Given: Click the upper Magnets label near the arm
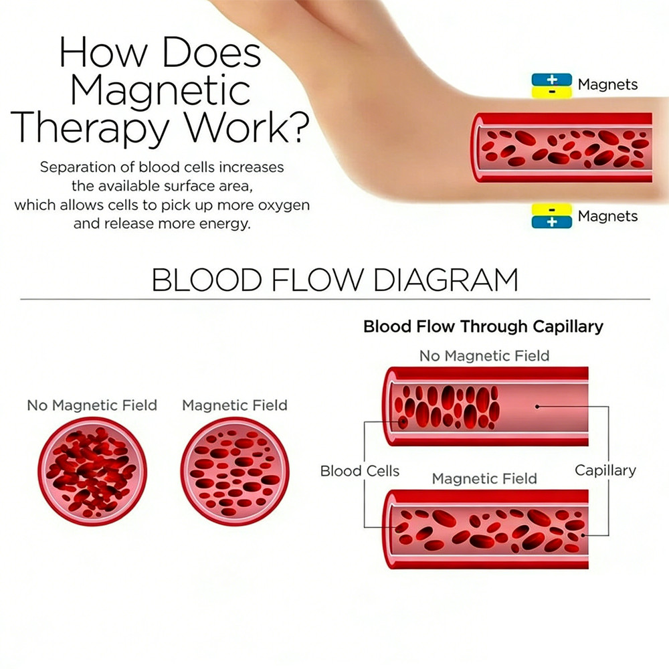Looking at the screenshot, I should pyautogui.click(x=607, y=85).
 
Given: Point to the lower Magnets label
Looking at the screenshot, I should pyautogui.click(x=607, y=216).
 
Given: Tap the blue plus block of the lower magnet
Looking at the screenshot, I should pyautogui.click(x=552, y=222).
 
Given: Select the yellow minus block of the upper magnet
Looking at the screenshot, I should pyautogui.click(x=552, y=92).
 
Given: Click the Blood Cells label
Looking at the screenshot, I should pyautogui.click(x=359, y=471).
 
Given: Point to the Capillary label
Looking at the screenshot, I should pyautogui.click(x=605, y=470).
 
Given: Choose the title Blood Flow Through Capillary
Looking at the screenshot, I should pyautogui.click(x=483, y=326).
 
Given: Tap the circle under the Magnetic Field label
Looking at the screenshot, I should pyautogui.click(x=235, y=472).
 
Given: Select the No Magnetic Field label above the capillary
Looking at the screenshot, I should pyautogui.click(x=484, y=356).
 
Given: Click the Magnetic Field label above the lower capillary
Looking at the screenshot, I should pyautogui.click(x=484, y=479).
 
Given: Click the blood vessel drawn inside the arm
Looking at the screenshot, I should pyautogui.click(x=562, y=147).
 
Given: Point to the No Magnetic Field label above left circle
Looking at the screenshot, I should pyautogui.click(x=92, y=405).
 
